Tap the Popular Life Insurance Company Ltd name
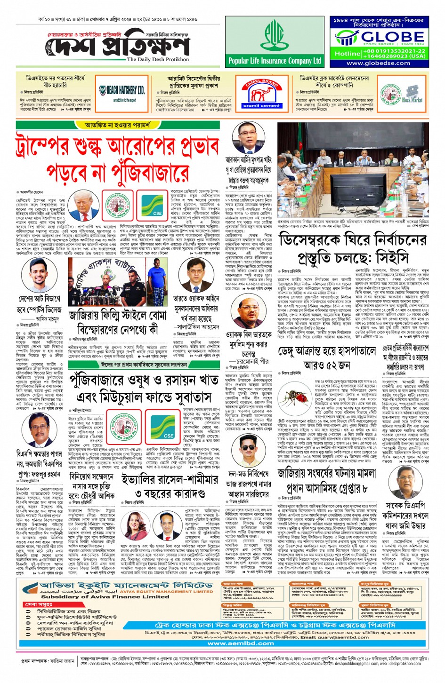pos(275,61)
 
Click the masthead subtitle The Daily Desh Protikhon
pos(158,60)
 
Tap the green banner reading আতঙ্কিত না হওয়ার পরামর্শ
pos(118,125)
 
